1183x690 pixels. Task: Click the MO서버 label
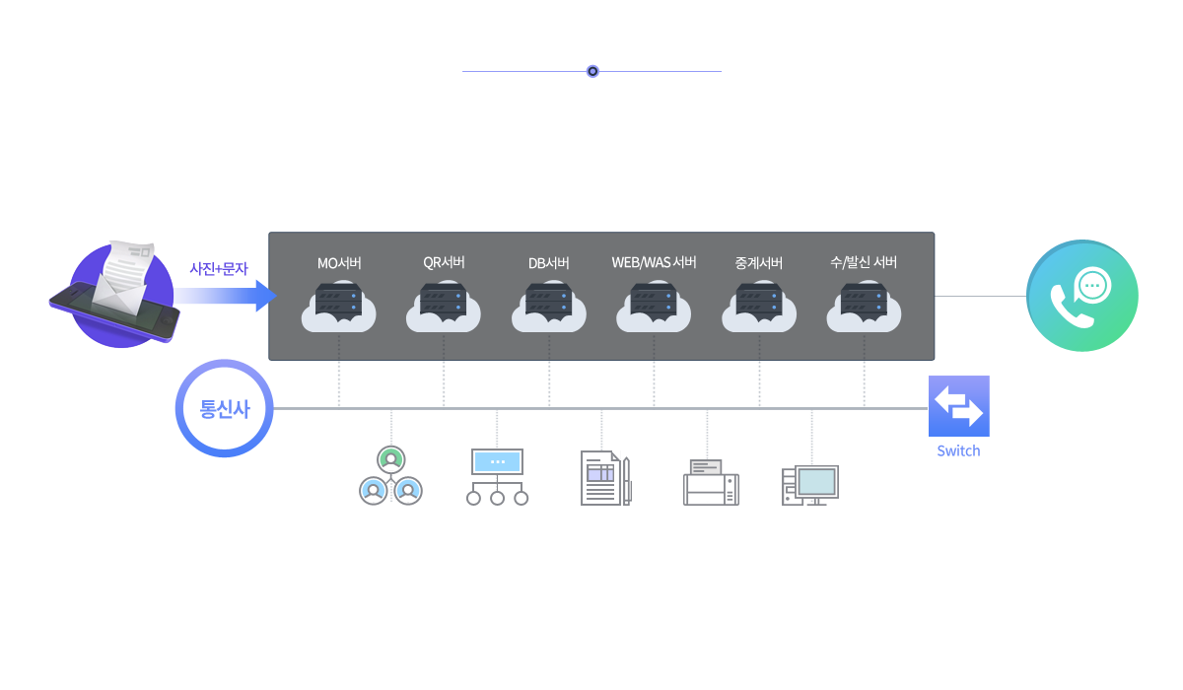(339, 263)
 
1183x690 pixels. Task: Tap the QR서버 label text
(444, 262)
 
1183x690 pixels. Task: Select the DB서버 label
(549, 263)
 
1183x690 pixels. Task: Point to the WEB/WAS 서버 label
(655, 262)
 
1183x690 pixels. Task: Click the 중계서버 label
(759, 263)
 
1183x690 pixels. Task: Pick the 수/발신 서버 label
(864, 262)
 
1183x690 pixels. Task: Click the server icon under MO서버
(339, 306)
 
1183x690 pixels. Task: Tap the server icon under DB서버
(549, 306)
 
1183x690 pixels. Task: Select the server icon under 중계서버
(759, 306)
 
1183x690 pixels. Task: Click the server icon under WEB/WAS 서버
(655, 306)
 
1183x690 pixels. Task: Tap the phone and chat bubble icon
(1081, 297)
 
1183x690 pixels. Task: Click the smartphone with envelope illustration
(115, 295)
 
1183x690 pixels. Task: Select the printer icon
(711, 482)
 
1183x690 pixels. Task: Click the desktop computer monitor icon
(810, 484)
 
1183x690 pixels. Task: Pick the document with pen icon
(605, 478)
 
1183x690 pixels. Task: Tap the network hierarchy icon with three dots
(497, 477)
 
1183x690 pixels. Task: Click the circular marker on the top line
(592, 71)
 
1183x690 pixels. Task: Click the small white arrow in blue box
(979, 413)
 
